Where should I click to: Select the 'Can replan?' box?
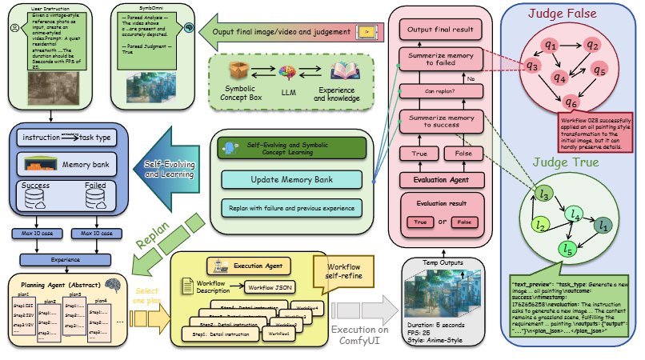click(x=439, y=90)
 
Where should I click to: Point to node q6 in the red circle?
click(x=571, y=102)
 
